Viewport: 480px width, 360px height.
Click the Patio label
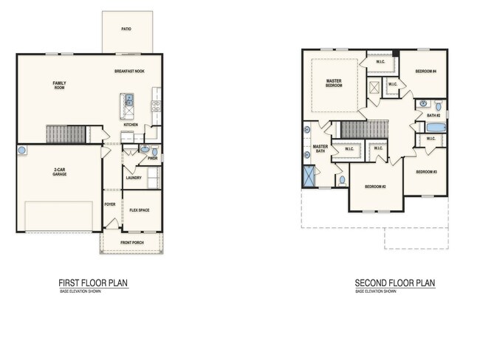click(126, 30)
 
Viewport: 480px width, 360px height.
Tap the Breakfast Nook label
click(129, 72)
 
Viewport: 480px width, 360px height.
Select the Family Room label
click(59, 85)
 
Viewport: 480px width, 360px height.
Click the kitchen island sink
click(128, 99)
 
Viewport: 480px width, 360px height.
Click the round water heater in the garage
click(22, 150)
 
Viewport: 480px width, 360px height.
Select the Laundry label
click(133, 177)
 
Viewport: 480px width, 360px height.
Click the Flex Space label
click(140, 210)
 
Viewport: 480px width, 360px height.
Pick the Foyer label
click(110, 204)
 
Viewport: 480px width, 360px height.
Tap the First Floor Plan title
click(94, 283)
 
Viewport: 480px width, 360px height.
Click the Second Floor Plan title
click(394, 283)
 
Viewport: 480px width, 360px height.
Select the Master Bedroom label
click(334, 83)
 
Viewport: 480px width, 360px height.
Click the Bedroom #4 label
click(425, 72)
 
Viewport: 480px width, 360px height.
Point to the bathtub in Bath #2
click(436, 128)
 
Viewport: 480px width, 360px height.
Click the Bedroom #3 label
click(426, 172)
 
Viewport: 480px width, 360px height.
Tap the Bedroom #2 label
click(375, 187)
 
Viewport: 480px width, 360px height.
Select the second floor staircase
click(364, 130)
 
